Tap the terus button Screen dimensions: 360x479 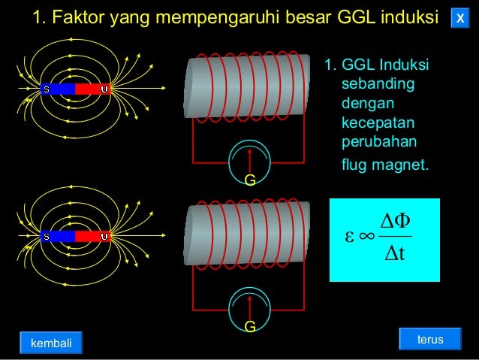(430, 340)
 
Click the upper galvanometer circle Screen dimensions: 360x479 (251, 156)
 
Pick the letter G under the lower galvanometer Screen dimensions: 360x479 (250, 327)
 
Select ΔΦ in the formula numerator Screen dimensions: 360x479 (395, 219)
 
